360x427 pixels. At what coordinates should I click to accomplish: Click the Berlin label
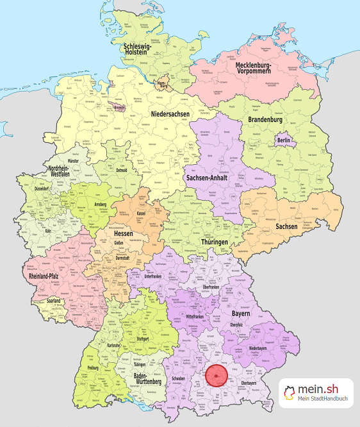284,140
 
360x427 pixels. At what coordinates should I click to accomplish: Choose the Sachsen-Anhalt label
209,177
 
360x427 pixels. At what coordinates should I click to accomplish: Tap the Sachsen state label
286,226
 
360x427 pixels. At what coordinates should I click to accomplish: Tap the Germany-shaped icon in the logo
289,393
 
